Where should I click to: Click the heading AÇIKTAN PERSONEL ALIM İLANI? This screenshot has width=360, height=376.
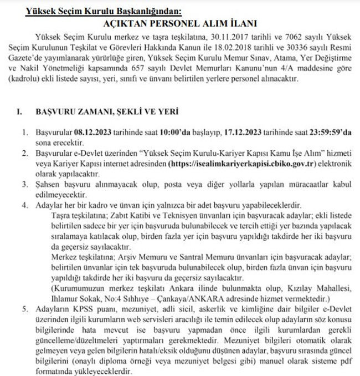179,23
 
